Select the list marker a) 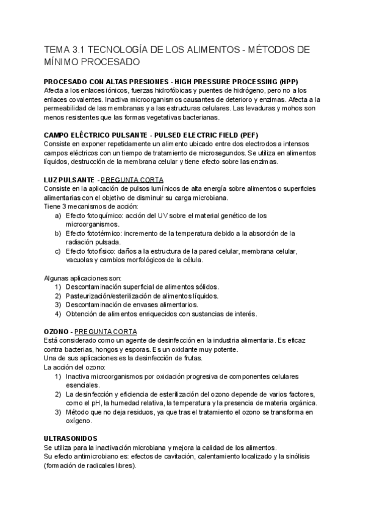[58, 215]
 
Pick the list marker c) [58, 251]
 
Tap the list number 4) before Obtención [58, 314]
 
